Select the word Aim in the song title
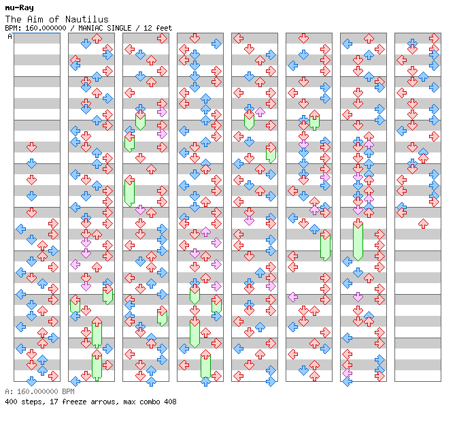point(39,19)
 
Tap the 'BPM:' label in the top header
point(12,28)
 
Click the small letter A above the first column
point(10,37)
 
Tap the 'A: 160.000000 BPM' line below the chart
point(38,392)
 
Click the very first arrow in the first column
point(31,147)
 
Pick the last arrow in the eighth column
point(423,223)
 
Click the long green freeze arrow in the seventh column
point(358,240)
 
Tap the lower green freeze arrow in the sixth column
point(325,245)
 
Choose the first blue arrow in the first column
point(31,163)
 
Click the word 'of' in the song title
point(60,19)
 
